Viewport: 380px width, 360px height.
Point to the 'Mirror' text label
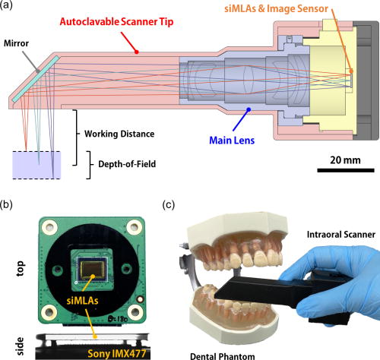click(18, 45)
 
